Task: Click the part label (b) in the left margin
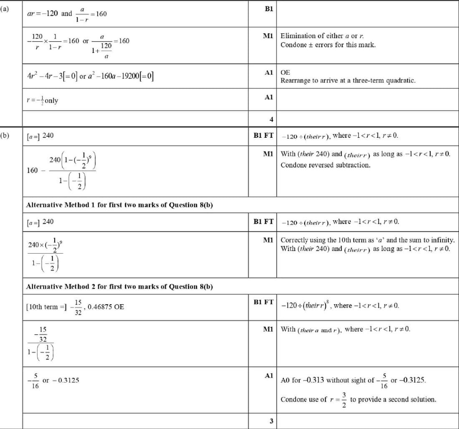(x=5, y=136)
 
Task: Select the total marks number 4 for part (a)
(x=271, y=119)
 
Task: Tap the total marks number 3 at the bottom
(x=271, y=421)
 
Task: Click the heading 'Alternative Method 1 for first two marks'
(x=119, y=205)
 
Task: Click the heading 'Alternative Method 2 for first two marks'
(x=119, y=287)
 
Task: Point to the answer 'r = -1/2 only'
(x=42, y=101)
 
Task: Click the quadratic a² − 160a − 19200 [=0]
(x=121, y=76)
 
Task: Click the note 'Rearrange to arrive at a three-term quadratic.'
(x=348, y=81)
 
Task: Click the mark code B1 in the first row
(x=269, y=9)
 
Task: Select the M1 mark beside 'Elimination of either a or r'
(x=268, y=36)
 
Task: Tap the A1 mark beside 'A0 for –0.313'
(x=269, y=376)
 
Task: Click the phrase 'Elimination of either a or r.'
(x=319, y=36)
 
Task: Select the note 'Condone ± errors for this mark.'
(x=328, y=45)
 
